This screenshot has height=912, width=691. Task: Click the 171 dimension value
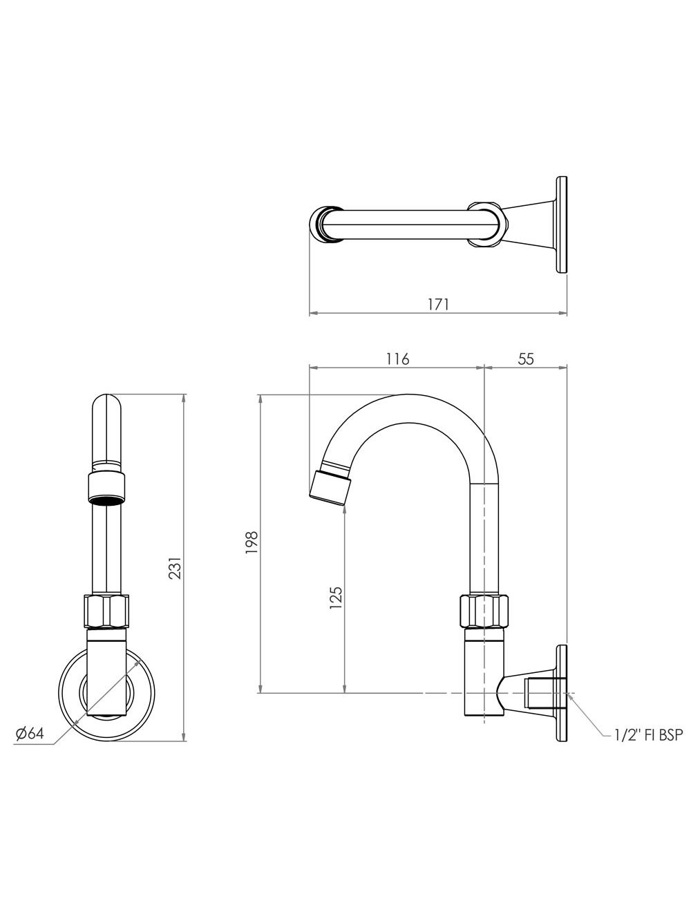(437, 303)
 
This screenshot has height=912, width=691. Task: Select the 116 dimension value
(398, 359)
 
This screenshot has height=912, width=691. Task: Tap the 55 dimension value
(525, 359)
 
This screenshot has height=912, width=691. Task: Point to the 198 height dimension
(251, 542)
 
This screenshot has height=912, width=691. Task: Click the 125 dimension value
(337, 597)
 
